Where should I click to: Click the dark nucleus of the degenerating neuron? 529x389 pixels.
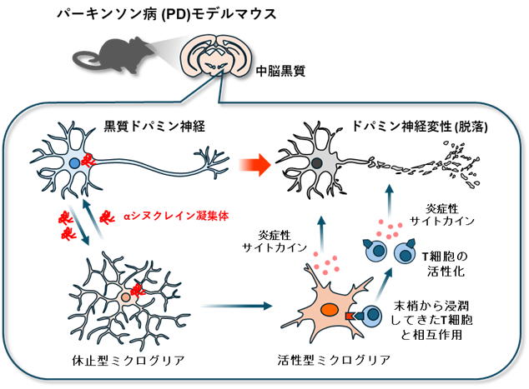[318, 164]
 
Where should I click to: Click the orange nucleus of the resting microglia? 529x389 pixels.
[125, 296]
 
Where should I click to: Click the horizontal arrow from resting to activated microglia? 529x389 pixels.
[237, 306]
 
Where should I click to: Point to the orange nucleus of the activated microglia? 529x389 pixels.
[330, 312]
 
